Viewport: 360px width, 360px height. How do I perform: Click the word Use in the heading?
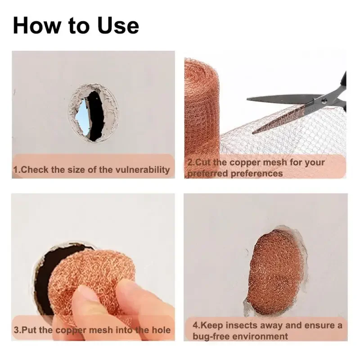(x=118, y=26)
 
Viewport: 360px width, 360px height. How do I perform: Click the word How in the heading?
(x=36, y=26)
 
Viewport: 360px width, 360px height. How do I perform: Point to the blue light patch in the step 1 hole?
(x=84, y=117)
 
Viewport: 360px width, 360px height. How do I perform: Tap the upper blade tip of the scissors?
(x=247, y=99)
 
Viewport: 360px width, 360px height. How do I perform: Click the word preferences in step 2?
(x=256, y=173)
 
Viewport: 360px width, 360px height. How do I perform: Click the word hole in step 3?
(x=161, y=330)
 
